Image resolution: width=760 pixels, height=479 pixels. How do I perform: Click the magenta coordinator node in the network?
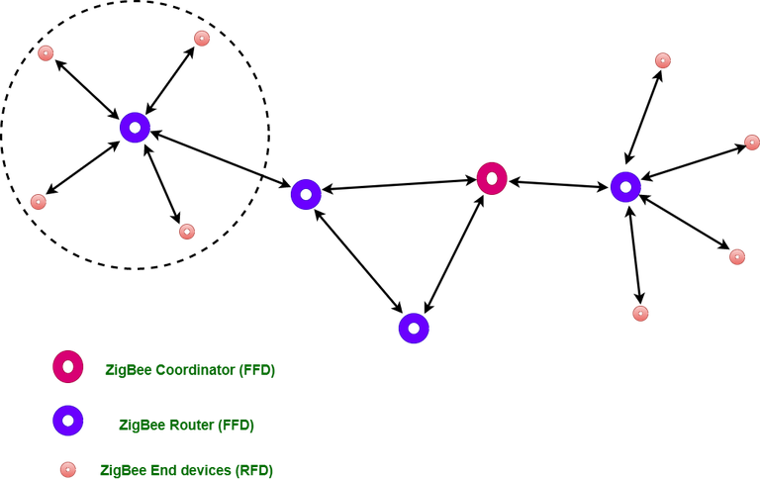[492, 170]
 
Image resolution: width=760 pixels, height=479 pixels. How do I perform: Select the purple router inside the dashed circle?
[135, 119]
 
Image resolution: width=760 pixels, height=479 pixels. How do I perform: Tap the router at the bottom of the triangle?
[414, 319]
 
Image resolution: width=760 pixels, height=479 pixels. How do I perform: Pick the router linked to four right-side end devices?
[625, 178]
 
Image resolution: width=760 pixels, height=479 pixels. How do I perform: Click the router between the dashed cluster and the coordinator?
[306, 186]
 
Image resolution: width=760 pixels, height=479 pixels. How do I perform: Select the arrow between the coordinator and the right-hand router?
[559, 184]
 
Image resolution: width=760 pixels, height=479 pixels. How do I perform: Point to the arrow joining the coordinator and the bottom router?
[453, 254]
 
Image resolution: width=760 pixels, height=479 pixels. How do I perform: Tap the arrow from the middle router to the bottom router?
[358, 260]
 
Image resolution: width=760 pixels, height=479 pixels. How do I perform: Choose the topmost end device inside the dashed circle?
[202, 39]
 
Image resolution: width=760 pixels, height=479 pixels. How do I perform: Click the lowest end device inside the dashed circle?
[187, 232]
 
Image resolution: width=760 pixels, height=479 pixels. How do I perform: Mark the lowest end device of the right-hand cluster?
[640, 313]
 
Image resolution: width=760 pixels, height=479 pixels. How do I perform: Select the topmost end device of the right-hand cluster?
[663, 60]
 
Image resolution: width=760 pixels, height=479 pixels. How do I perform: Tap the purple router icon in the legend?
[68, 412]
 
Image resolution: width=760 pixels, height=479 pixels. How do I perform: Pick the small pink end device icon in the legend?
[68, 470]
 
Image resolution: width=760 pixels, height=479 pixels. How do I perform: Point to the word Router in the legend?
[190, 426]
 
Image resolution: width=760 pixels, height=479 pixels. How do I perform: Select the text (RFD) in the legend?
[254, 470]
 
